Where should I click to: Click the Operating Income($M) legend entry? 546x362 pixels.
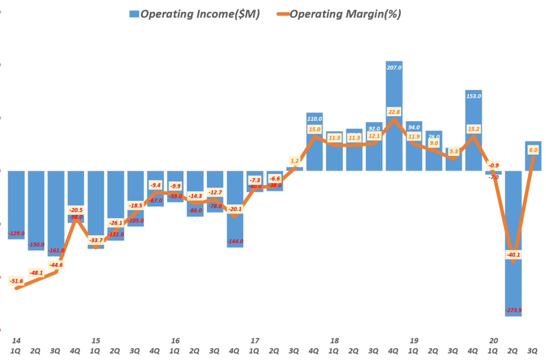[195, 14]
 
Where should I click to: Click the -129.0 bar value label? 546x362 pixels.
[17, 234]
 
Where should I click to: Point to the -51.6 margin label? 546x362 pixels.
[17, 280]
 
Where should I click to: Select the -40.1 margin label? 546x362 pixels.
[513, 255]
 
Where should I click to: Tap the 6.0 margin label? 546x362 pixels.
[533, 150]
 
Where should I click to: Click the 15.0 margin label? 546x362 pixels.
[315, 129]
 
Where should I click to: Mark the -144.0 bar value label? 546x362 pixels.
[235, 242]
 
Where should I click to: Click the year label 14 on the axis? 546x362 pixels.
[17, 340]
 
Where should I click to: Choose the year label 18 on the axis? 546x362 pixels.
[334, 340]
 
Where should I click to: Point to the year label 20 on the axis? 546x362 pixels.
[493, 340]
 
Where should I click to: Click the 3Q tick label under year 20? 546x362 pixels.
[533, 351]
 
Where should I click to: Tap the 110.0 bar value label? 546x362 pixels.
[315, 118]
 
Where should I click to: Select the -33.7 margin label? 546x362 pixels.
[96, 239]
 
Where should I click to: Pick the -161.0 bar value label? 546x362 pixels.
[57, 250]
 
